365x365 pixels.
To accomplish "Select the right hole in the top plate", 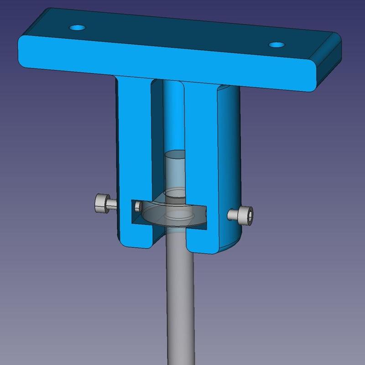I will [276, 45].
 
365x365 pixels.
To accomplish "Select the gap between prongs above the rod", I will [173, 114].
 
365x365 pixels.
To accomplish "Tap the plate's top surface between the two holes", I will [178, 34].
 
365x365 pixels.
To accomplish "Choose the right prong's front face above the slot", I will [201, 146].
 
